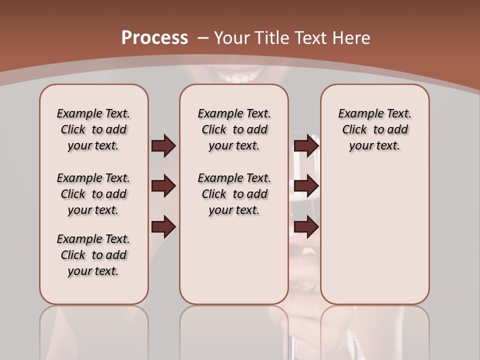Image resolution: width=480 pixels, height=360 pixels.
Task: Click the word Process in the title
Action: tap(154, 37)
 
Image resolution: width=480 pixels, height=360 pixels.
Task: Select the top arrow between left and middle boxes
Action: tap(163, 146)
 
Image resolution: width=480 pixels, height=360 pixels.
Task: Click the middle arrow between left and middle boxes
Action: tap(163, 186)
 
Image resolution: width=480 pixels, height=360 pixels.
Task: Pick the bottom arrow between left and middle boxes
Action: tap(163, 227)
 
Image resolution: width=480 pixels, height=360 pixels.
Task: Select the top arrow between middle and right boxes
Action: tap(306, 146)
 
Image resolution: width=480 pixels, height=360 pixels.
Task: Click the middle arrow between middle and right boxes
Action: tap(306, 186)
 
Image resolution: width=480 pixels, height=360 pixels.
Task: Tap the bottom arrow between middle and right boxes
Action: tap(306, 227)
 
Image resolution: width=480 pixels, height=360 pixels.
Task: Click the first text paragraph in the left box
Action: tap(93, 129)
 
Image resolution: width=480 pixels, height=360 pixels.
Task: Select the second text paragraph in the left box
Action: tap(93, 194)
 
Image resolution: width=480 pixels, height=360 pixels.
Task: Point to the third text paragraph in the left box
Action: tap(93, 255)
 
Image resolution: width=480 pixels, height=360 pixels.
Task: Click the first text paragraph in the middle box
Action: tap(234, 129)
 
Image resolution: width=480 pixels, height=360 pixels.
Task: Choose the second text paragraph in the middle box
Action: tap(234, 194)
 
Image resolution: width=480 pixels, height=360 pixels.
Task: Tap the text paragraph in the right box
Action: tap(375, 129)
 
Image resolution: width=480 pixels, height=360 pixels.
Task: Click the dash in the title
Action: tap(203, 37)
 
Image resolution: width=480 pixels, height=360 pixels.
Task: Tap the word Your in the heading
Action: tap(232, 37)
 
